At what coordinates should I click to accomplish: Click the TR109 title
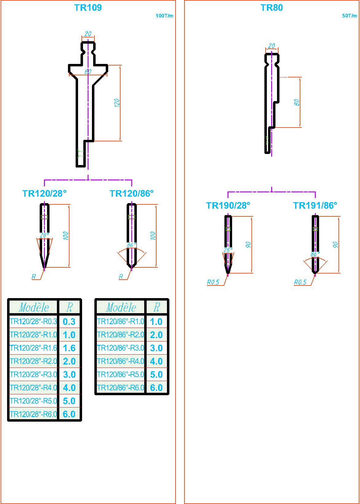pos(88,8)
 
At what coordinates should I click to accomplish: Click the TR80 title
pos(271,8)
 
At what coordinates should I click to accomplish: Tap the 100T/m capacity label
pos(164,16)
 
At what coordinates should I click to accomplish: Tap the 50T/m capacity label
pos(350,16)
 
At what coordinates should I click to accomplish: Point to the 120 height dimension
pos(117,103)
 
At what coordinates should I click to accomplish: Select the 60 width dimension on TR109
pos(88,72)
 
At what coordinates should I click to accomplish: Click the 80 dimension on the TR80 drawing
pos(297,102)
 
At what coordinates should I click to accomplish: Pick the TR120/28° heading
pos(44,193)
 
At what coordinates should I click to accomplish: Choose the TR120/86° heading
pos(132,193)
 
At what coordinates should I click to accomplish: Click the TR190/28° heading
pos(228,205)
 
